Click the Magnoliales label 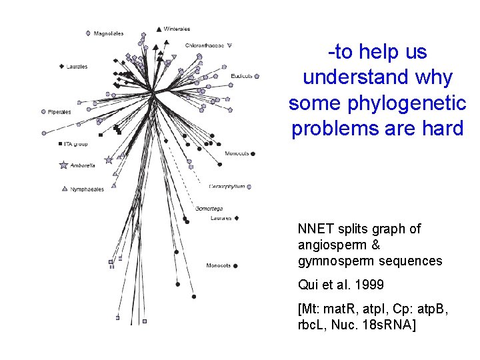coord(108,33)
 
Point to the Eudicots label coord(241,76)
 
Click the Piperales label coord(59,112)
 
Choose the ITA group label coord(76,143)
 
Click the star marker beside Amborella coord(64,165)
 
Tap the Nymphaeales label coord(87,189)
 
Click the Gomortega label coord(208,209)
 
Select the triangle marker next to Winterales coord(158,29)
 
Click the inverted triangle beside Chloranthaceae coord(229,45)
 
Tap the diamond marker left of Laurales coord(61,66)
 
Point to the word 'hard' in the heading coord(438,129)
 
